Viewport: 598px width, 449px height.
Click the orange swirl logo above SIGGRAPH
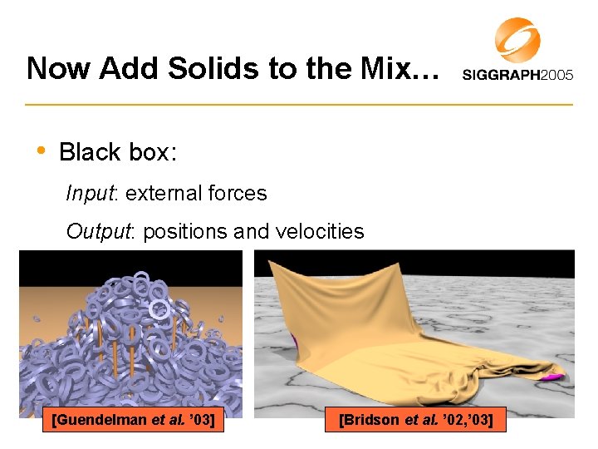(x=517, y=40)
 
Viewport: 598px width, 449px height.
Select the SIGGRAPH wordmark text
(x=499, y=75)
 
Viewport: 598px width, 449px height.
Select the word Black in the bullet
(x=91, y=152)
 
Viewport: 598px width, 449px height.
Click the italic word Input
(x=92, y=194)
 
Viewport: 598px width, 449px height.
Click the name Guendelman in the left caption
(x=110, y=421)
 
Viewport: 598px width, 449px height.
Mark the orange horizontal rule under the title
(x=299, y=105)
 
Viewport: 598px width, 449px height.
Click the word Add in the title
(x=125, y=68)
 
